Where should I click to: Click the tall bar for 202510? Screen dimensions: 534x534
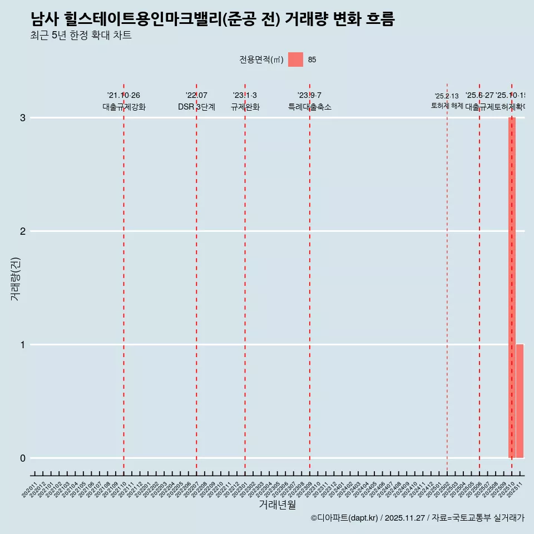512,288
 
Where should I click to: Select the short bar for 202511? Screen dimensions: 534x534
520,401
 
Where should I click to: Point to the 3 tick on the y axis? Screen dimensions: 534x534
23,117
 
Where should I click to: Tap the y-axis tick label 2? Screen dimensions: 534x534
23,231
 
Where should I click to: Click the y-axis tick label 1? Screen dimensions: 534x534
23,344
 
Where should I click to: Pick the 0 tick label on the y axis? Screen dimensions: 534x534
23,458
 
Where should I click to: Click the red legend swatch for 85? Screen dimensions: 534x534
295,60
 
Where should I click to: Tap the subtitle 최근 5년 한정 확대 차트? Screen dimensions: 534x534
81,36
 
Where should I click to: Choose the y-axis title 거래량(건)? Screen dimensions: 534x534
16,278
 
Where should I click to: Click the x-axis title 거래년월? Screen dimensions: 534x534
278,505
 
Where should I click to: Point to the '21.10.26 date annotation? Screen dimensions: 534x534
123,95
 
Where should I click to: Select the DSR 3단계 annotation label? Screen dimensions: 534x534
196,107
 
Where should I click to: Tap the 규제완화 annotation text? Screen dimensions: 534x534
245,107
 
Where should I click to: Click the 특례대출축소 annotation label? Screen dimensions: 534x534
310,107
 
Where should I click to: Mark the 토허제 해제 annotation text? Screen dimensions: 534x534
447,105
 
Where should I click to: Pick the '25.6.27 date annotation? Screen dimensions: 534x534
479,95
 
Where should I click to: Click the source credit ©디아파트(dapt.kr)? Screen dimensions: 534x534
344,518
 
